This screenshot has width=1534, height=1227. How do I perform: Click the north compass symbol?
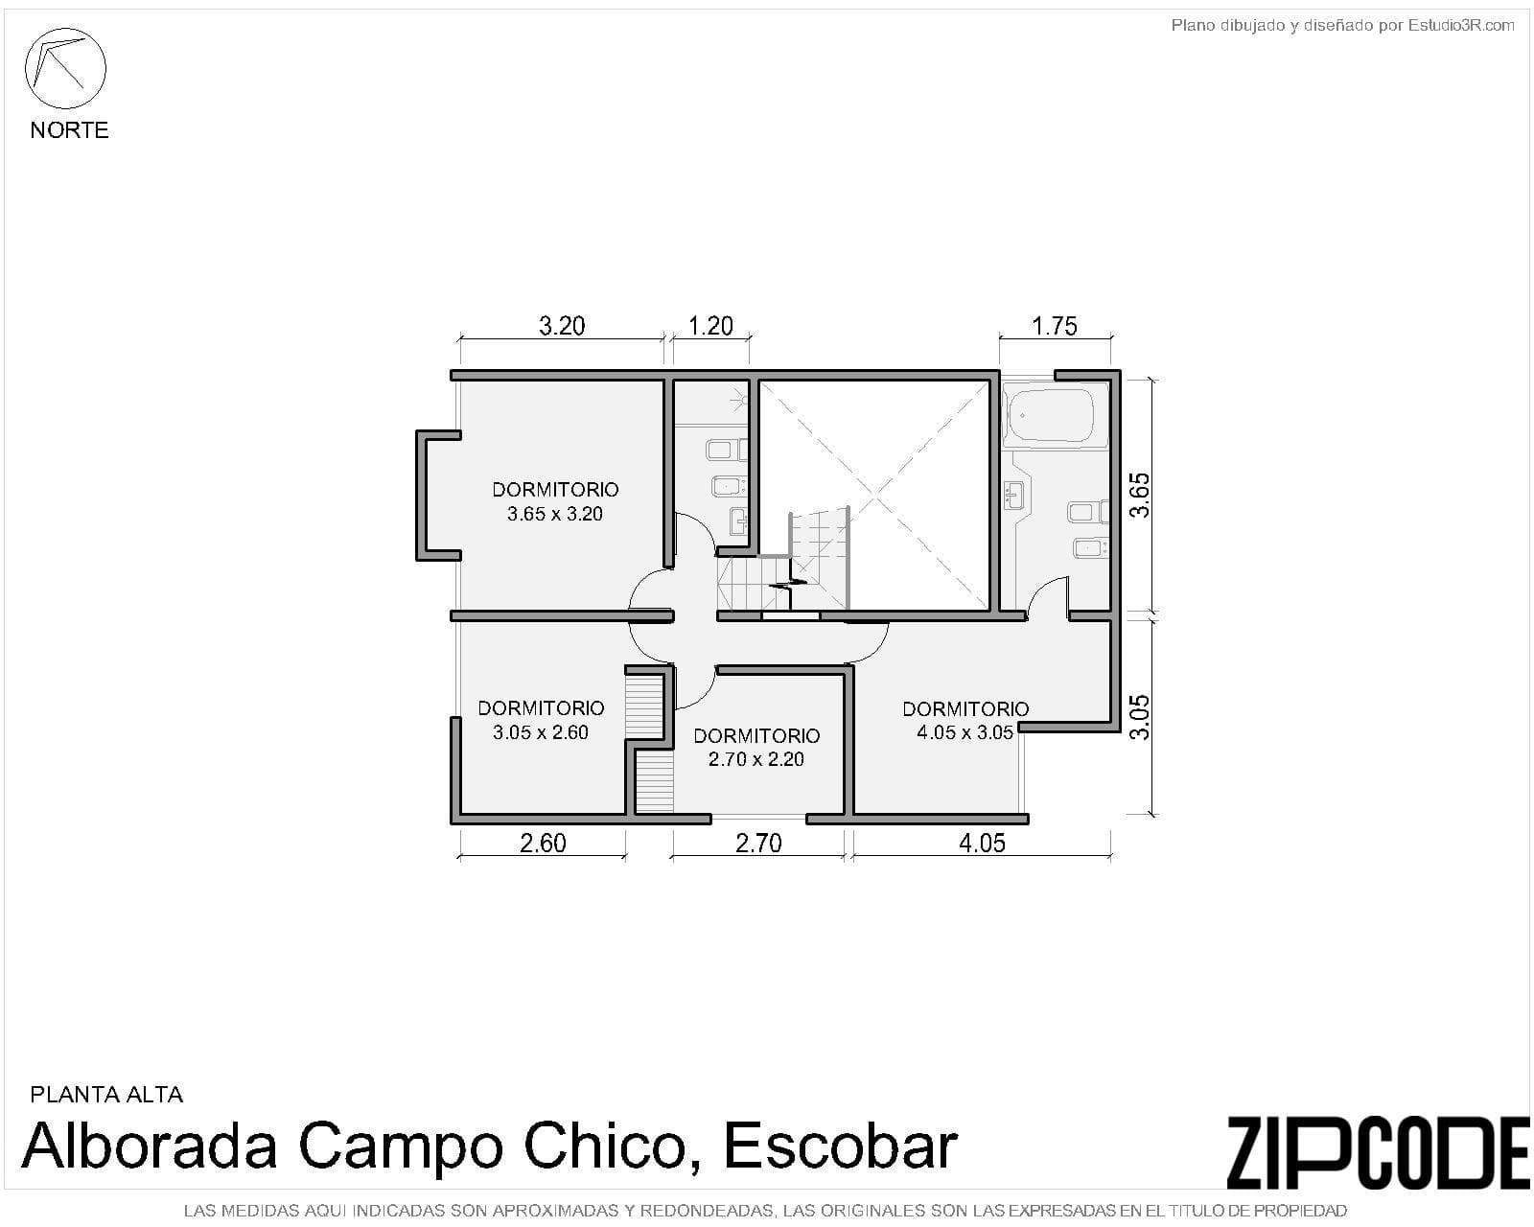pos(65,69)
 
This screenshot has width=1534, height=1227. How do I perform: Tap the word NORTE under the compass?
pos(69,130)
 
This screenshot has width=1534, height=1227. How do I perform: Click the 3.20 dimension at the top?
pos(562,326)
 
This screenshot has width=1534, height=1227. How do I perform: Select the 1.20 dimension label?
pos(710,326)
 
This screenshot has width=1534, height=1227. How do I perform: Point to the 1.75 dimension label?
pos(1055,326)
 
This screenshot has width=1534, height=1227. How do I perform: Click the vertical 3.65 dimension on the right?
pos(1139,495)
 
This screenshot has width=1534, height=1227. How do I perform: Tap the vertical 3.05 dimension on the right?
pos(1139,716)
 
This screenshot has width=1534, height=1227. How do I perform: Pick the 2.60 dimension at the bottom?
pos(543,843)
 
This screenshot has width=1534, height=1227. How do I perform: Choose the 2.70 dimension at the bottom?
pos(758,843)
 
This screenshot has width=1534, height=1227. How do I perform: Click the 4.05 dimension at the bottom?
pos(982,843)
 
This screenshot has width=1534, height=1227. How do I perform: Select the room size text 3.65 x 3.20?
pos(554,514)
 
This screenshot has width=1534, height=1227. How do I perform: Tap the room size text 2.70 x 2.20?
pos(755,759)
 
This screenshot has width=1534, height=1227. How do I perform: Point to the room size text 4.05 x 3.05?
pos(965,733)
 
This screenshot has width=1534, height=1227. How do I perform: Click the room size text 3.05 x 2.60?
pos(541,732)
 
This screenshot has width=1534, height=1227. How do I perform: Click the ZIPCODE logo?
pos(1377,1152)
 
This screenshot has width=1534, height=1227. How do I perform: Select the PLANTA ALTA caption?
pos(106,1094)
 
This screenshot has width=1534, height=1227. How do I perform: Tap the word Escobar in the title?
pos(841,1146)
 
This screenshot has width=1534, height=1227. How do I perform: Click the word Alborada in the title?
pos(149,1146)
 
